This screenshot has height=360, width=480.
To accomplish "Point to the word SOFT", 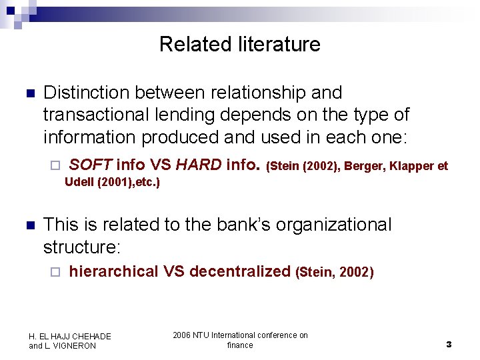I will pos(91,165).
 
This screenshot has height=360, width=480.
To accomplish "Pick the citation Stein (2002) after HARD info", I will pos(303,166).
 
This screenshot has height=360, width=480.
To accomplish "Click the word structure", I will pos(81,248).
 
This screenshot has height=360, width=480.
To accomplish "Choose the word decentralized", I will pos(240,271).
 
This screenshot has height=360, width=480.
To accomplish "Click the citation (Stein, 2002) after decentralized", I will pos(335,273).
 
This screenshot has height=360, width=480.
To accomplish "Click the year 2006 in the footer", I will pos(181,335).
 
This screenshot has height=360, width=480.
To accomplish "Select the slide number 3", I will pos(449,345).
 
